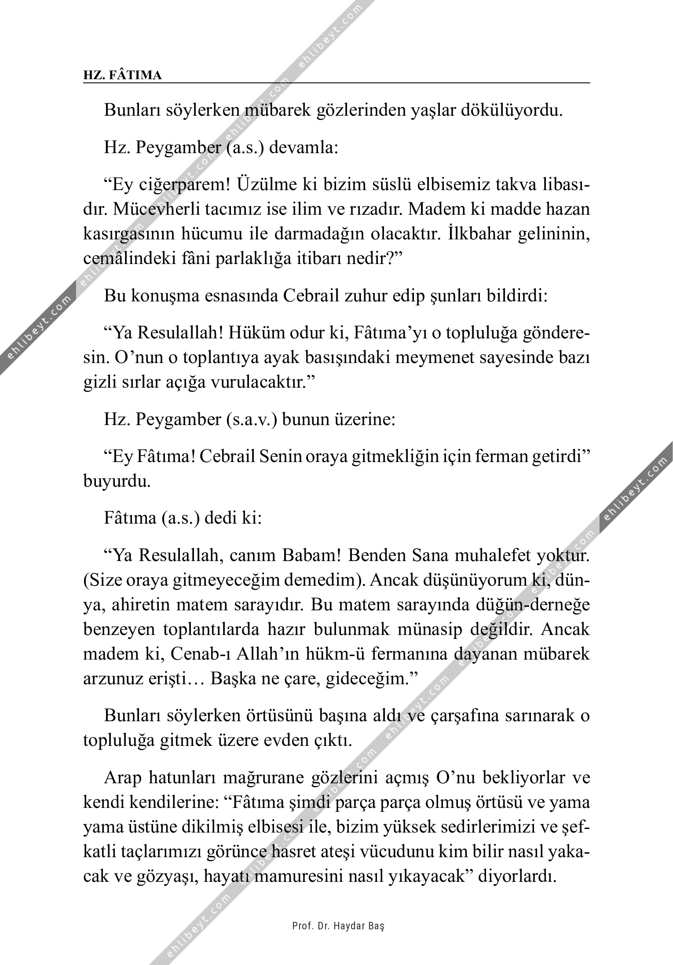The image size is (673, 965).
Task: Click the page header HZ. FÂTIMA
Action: click(122, 76)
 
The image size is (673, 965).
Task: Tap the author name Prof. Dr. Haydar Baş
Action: click(338, 926)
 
